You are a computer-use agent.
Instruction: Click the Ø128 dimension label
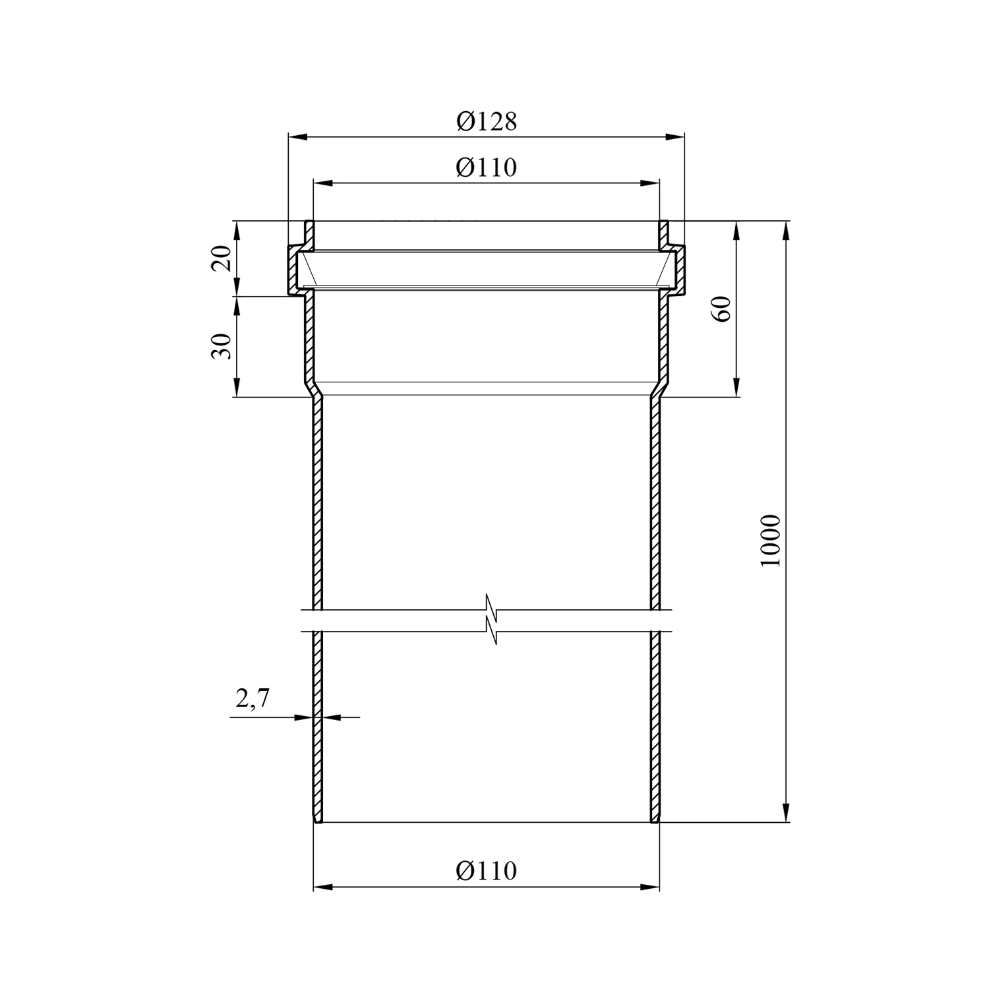tap(487, 121)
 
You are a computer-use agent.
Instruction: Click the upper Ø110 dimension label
tap(487, 167)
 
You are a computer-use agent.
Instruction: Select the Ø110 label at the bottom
tap(487, 871)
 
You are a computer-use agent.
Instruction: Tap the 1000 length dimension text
tap(770, 540)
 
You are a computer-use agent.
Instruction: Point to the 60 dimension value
tap(723, 309)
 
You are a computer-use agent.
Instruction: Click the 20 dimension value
tap(222, 258)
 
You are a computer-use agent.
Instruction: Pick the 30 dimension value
tap(222, 346)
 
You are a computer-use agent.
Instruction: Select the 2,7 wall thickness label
tap(253, 698)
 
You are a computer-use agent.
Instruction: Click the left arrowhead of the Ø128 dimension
tap(297, 137)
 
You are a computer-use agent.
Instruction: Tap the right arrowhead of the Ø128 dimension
tap(676, 137)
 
